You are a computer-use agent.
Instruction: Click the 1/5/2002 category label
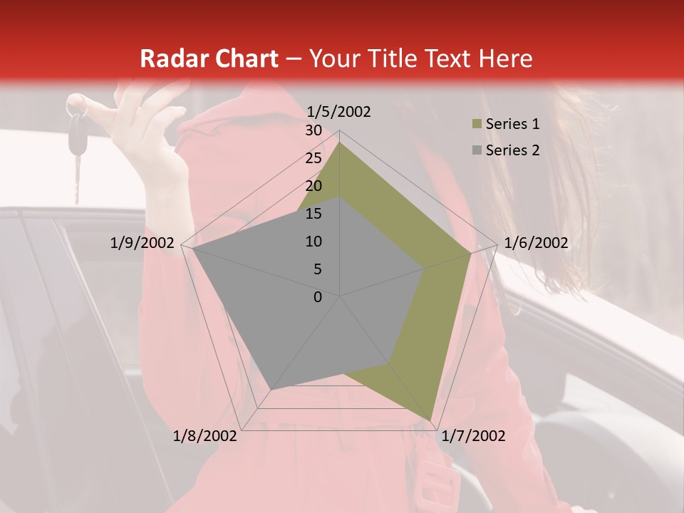(339, 111)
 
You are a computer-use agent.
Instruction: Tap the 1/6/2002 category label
(536, 243)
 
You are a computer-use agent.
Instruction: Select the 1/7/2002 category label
(473, 436)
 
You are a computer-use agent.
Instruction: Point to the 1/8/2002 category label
(205, 436)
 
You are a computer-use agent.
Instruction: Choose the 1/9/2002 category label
(142, 243)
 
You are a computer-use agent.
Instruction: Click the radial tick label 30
(313, 130)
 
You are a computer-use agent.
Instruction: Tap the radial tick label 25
(313, 158)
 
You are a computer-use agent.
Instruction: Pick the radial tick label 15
(313, 214)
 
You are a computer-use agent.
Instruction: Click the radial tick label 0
(318, 297)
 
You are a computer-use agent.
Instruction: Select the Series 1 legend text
(512, 124)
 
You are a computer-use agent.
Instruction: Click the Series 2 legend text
(512, 150)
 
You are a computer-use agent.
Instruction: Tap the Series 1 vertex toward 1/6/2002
(470, 253)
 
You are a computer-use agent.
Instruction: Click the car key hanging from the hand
(76, 135)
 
